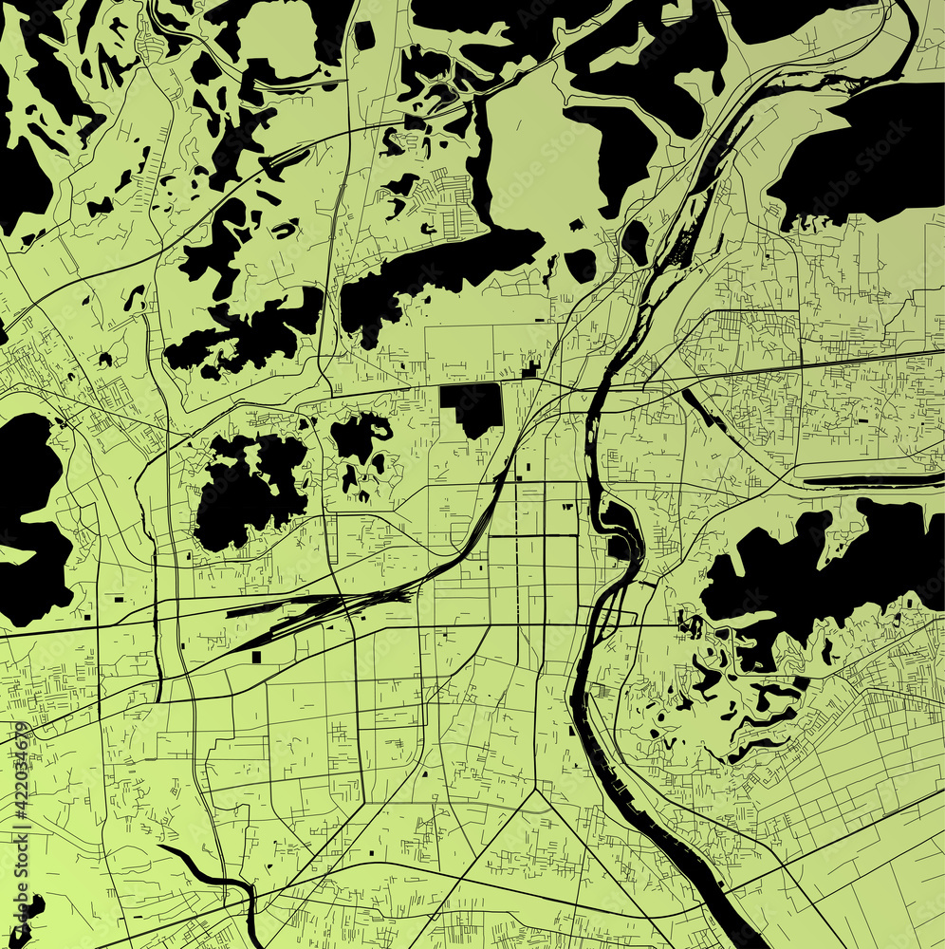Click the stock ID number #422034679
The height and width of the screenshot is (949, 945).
point(22,770)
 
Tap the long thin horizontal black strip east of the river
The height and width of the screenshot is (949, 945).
point(873,481)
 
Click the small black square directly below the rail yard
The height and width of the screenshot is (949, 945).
point(257,657)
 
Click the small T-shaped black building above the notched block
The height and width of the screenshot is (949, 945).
point(530,368)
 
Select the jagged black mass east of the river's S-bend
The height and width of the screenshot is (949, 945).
point(816,569)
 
